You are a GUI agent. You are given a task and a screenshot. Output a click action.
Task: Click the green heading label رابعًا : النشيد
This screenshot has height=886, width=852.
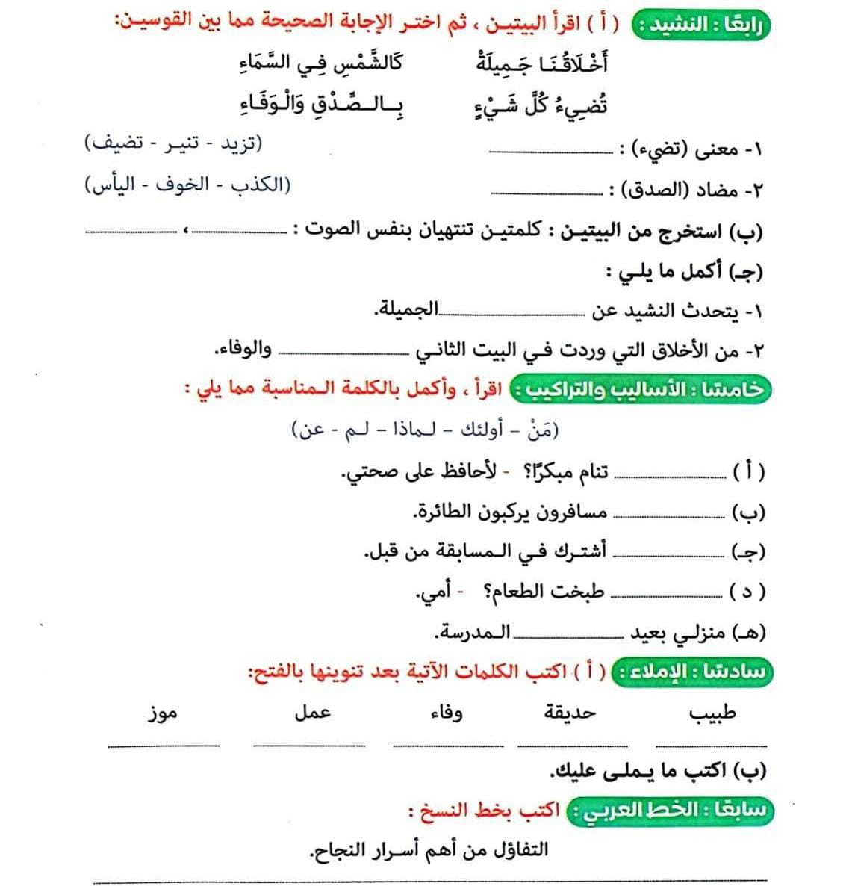pos(700,23)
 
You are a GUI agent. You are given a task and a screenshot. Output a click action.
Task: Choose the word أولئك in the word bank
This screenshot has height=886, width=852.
pos(478,430)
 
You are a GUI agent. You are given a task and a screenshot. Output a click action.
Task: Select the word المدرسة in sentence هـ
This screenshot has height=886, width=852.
pos(472,633)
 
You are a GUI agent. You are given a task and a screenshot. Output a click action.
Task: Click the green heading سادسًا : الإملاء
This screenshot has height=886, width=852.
pos(691,671)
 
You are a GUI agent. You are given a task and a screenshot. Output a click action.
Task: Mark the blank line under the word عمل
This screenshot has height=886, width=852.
pos(309,744)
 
